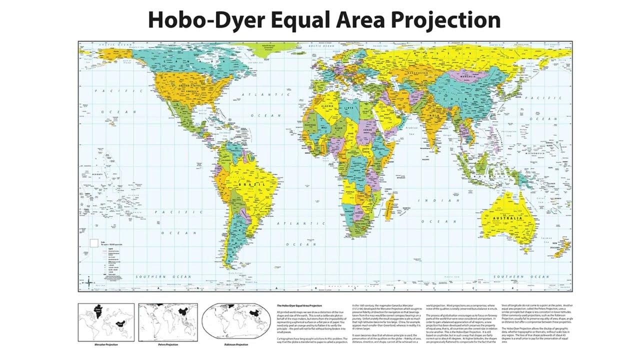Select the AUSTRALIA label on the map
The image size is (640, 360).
(507, 218)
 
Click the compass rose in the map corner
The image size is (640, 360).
(88, 283)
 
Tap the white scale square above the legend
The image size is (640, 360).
(93, 243)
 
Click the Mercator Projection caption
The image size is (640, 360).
(105, 344)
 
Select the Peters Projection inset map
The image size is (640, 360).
(167, 322)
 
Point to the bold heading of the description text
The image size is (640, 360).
(300, 305)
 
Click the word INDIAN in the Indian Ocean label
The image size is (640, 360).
(434, 200)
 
